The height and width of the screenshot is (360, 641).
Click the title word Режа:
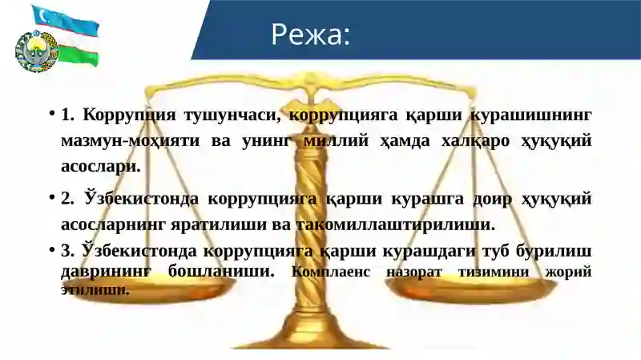tap(311, 34)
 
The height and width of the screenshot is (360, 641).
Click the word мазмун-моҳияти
tap(133, 140)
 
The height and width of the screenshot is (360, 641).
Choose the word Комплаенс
tap(332, 271)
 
